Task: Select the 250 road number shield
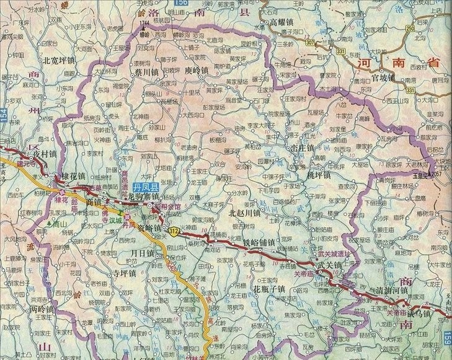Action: click(410, 28)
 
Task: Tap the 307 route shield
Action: click(310, 42)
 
